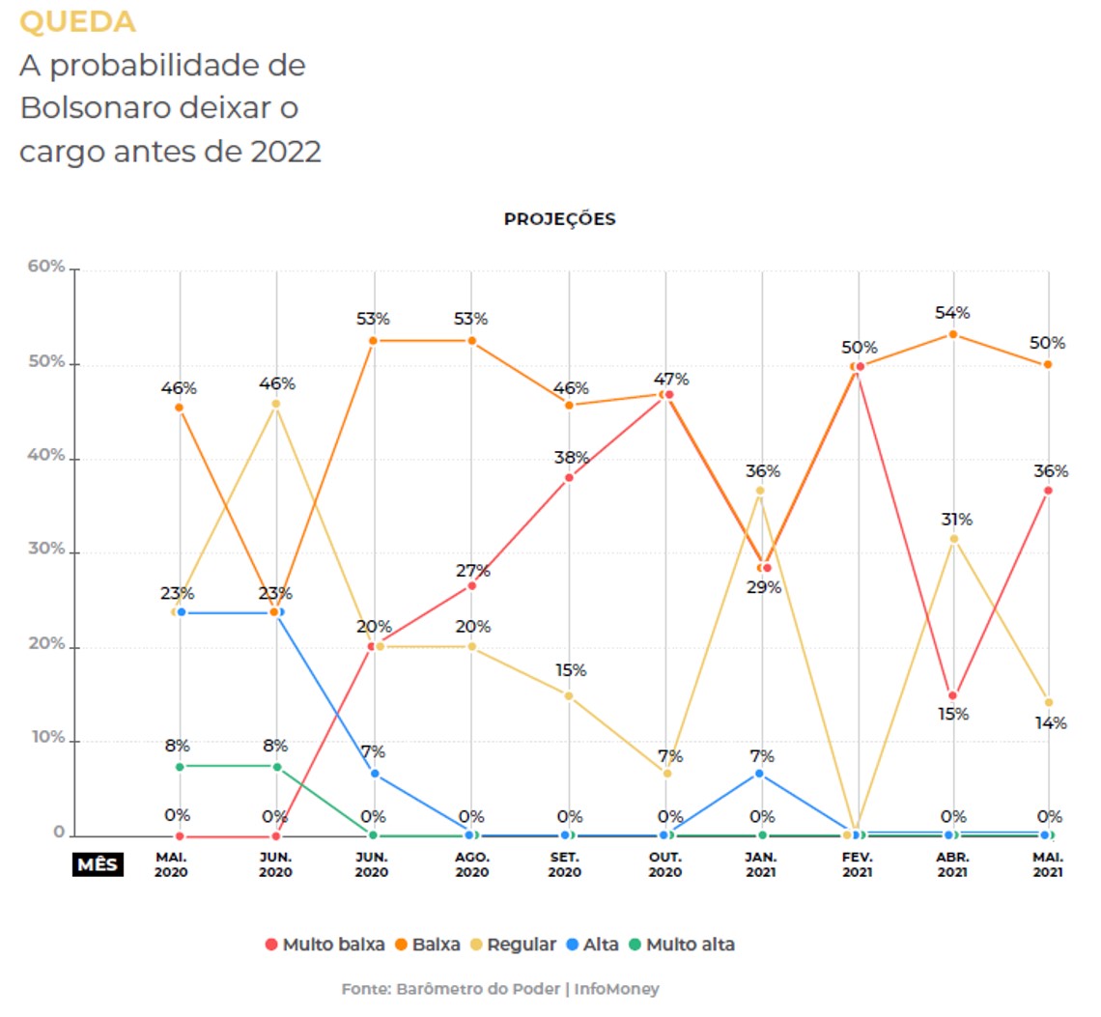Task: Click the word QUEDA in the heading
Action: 78,22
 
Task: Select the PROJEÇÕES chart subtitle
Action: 559,219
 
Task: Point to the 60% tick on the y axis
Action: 45,268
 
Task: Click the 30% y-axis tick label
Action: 45,551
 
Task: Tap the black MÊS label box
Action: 97,863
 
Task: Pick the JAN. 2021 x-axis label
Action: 762,864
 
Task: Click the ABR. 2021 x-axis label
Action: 953,864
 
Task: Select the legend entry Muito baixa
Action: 325,945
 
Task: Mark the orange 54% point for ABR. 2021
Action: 953,334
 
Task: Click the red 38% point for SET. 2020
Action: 569,477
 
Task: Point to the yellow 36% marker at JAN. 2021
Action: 760,491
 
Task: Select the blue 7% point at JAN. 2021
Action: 760,774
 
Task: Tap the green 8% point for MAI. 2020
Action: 181,766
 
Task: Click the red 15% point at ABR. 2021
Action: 953,695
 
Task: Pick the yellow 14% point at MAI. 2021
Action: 1049,702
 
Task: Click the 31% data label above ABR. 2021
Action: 957,520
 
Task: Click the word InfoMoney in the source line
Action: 618,990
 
